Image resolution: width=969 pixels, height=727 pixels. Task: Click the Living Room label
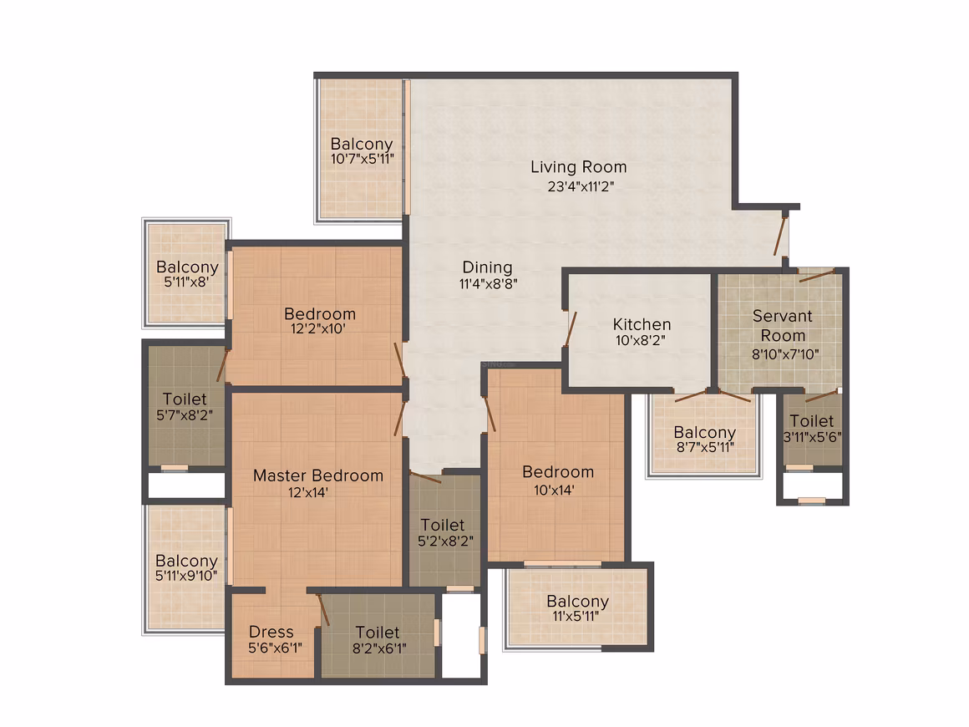coord(578,167)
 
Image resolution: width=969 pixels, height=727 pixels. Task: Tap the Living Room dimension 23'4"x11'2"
coord(581,186)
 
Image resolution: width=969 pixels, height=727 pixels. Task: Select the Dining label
coord(488,267)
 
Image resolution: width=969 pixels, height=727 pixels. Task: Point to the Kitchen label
coord(642,324)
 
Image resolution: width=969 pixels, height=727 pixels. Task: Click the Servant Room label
coord(783,326)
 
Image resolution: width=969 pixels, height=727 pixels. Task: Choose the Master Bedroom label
coord(318,475)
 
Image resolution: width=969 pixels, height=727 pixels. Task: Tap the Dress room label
coord(271,632)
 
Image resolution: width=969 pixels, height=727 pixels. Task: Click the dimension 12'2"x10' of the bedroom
coord(318,329)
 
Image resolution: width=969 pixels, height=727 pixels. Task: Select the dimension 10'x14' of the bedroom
coord(554,491)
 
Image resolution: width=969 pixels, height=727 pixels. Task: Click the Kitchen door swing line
coord(571,329)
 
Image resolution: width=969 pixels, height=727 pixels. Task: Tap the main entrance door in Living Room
coord(780,236)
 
